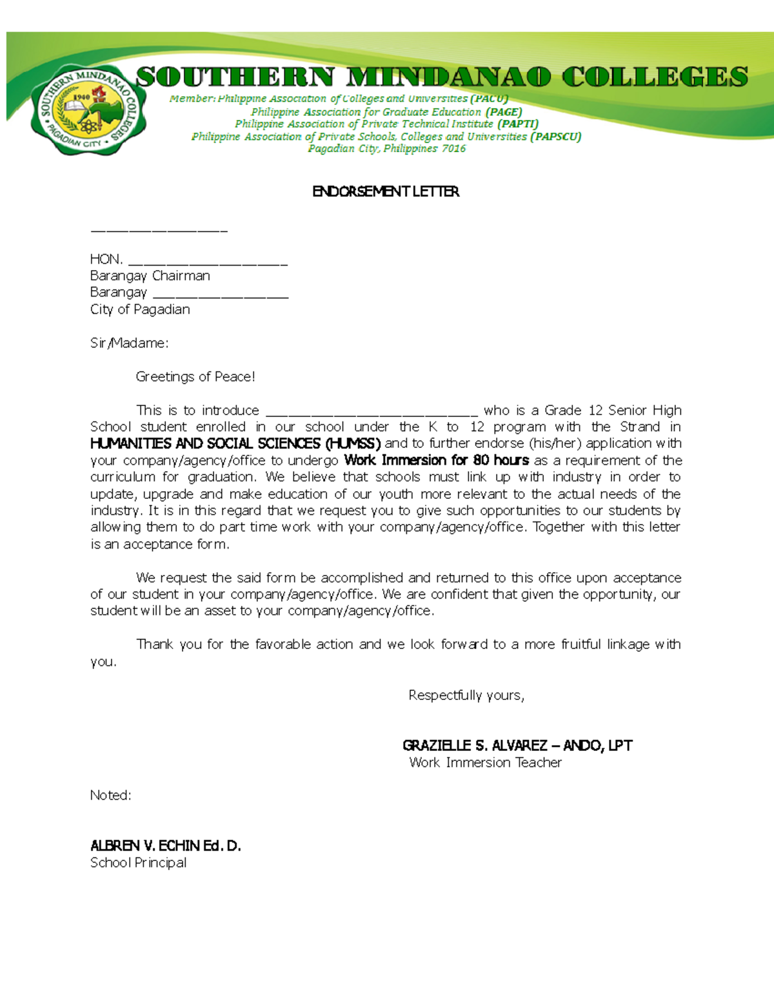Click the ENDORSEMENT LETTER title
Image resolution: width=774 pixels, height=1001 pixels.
386,191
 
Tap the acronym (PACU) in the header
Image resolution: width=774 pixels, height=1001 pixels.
489,99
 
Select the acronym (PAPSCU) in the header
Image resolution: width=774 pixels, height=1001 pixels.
555,137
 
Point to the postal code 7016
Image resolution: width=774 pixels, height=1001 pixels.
453,149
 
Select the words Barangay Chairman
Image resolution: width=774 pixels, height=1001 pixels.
150,276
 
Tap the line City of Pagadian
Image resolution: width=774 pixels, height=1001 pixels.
140,309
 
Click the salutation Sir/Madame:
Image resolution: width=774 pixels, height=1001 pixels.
129,343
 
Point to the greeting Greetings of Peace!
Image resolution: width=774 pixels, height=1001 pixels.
195,376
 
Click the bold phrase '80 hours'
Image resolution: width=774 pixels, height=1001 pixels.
501,460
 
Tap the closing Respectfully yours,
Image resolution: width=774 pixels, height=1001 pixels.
466,695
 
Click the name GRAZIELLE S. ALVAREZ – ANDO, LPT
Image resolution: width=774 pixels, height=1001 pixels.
517,746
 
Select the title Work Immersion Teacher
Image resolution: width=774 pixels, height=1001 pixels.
485,763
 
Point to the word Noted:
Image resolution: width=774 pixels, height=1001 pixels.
110,795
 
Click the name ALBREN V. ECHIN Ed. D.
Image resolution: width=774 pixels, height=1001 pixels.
166,846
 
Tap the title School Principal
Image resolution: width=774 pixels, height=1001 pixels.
139,862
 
